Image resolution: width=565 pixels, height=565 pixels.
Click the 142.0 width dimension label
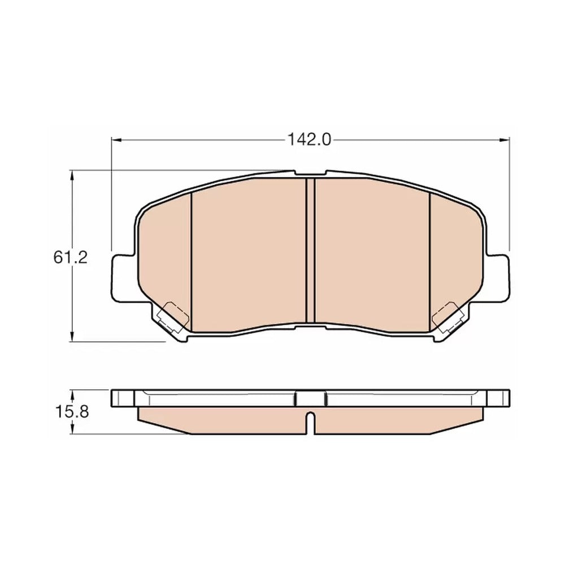pyautogui.click(x=309, y=140)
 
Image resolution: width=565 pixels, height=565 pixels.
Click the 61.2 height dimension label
pyautogui.click(x=71, y=258)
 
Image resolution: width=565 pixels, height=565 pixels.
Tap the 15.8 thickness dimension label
pyautogui.click(x=72, y=411)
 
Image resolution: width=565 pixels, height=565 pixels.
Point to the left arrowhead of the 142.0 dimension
pyautogui.click(x=116, y=140)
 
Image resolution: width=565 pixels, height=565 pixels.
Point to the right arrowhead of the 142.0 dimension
pyautogui.click(x=505, y=140)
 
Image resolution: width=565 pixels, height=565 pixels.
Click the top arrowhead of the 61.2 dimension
pyautogui.click(x=72, y=176)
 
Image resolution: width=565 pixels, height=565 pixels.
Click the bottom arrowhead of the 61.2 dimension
pyautogui.click(x=72, y=336)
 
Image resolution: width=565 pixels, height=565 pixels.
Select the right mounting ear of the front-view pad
pyautogui.click(x=497, y=278)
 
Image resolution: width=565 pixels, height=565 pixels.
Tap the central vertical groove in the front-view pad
pyautogui.click(x=310, y=250)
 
